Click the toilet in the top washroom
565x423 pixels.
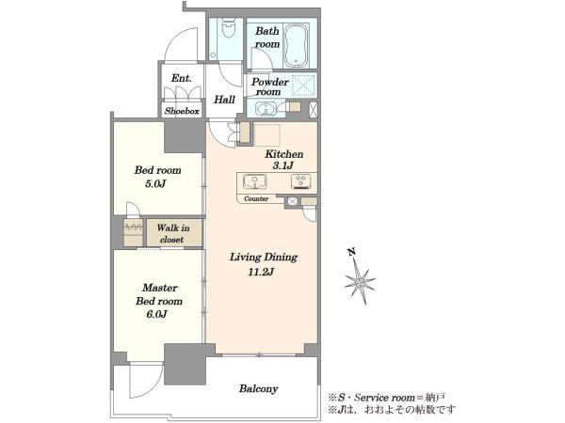(x=228, y=28)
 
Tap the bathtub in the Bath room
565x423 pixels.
(x=297, y=45)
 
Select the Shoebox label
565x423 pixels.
(x=182, y=111)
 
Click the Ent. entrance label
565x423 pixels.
(x=181, y=78)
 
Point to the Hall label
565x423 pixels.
(x=224, y=100)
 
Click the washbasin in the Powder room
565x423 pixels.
(x=266, y=109)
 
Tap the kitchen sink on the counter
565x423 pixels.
(x=255, y=181)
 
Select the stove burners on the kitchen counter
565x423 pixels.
(x=301, y=181)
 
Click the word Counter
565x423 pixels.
(x=256, y=198)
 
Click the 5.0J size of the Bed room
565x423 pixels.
(x=155, y=184)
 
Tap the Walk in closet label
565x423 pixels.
(x=173, y=233)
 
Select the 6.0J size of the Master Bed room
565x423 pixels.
(x=156, y=314)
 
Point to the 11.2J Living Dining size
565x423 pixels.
(x=261, y=272)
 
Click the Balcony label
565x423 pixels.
(x=259, y=389)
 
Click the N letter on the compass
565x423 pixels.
(x=352, y=252)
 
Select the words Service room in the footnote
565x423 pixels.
(x=384, y=398)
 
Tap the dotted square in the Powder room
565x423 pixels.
(x=303, y=86)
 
